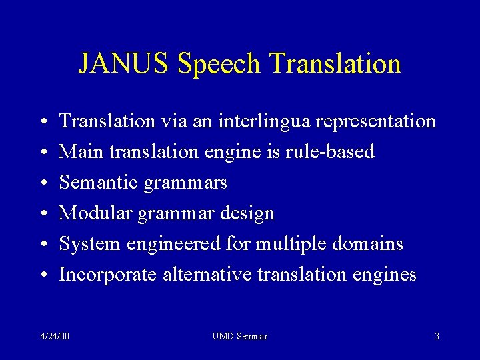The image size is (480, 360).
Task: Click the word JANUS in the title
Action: click(125, 64)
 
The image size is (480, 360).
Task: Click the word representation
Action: click(377, 121)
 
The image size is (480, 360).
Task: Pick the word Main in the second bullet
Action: click(80, 152)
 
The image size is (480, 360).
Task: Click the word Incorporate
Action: click(108, 275)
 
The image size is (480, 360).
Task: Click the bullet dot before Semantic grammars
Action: click(42, 183)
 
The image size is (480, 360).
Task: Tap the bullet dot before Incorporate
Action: click(42, 275)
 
